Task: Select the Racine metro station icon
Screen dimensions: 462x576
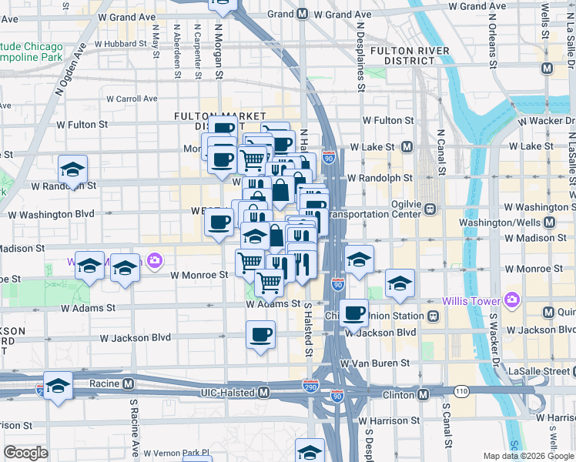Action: [x=129, y=383]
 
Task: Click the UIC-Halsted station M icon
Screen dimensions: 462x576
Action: [x=264, y=393]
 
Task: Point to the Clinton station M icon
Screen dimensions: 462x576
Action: [x=423, y=395]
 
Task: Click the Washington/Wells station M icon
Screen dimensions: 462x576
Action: [x=548, y=223]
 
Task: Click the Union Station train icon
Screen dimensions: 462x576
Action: [x=433, y=316]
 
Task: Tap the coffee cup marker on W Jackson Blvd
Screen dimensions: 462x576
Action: [x=260, y=334]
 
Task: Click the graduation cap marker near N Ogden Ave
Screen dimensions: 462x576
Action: [x=73, y=169]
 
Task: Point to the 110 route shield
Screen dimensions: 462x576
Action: [x=460, y=393]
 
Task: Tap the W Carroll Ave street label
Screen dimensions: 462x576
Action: [x=132, y=99]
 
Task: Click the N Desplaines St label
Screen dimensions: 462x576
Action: [x=360, y=54]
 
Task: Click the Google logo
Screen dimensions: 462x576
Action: [x=26, y=453]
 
